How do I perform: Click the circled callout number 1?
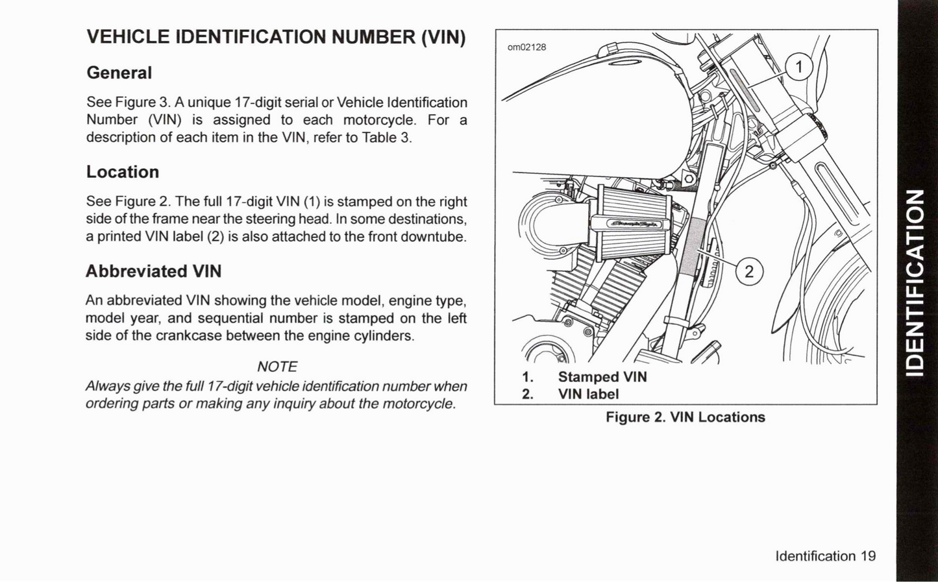799,67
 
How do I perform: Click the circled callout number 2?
749,271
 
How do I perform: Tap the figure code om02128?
526,47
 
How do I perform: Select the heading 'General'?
119,73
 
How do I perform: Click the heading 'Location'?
123,172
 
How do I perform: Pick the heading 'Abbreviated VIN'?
154,271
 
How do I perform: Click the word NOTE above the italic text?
277,367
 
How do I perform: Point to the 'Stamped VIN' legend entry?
602,377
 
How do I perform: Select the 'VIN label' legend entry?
588,394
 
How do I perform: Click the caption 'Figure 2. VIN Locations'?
685,417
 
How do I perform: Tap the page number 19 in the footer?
868,556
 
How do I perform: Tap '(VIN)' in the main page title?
443,37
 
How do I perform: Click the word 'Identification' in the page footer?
815,556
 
